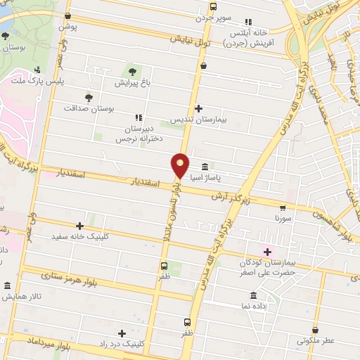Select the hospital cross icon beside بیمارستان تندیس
pyautogui.click(x=199, y=108)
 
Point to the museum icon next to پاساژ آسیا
pyautogui.click(x=205, y=167)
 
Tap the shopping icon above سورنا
pyautogui.click(x=283, y=207)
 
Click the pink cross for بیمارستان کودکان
pyautogui.click(x=266, y=251)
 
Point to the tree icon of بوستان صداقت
pyautogui.click(x=88, y=98)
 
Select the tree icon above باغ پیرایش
pyautogui.click(x=132, y=71)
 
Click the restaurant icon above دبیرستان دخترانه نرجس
pyautogui.click(x=137, y=117)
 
